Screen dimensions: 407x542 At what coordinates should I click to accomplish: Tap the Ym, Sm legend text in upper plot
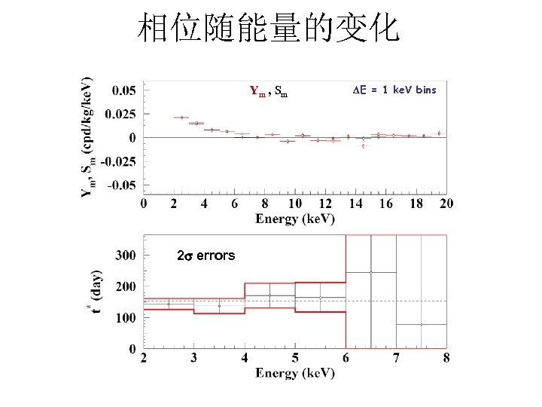point(268,93)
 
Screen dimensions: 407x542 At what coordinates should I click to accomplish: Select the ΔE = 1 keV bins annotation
point(394,90)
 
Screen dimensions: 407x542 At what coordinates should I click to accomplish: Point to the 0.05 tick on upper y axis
point(124,90)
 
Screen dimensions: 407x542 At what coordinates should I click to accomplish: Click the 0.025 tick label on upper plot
point(121,114)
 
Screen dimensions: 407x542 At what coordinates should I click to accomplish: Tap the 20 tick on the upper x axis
point(446,204)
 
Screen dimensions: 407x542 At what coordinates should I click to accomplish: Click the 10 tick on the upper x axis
point(295,204)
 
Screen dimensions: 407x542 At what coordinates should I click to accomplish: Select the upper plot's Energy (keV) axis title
point(295,219)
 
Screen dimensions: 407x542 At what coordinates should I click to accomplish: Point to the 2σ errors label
point(206,256)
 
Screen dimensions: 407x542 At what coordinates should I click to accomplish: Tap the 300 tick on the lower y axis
point(125,256)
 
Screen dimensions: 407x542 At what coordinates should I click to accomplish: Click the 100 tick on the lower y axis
point(125,318)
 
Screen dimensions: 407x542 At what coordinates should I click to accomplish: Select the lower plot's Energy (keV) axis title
point(295,373)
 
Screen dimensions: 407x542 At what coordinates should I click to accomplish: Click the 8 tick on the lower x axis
point(446,357)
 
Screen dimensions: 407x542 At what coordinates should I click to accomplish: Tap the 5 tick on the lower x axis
point(295,357)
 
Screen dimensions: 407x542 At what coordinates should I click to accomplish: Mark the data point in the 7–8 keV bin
point(422,324)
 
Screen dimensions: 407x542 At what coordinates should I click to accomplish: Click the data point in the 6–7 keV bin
point(371,272)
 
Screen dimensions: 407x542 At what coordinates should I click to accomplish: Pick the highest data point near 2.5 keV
point(182,118)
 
